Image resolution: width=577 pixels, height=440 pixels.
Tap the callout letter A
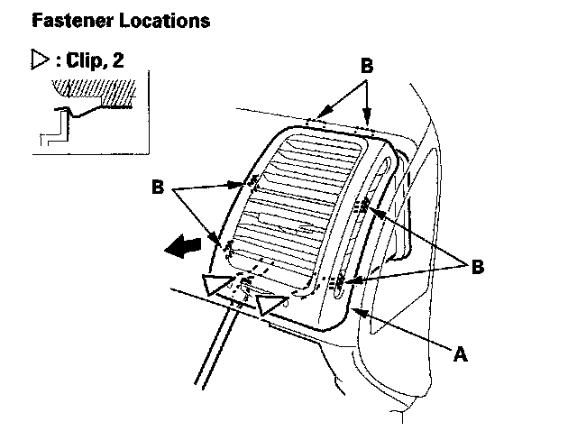461,354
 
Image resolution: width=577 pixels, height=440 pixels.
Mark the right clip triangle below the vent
270,304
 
